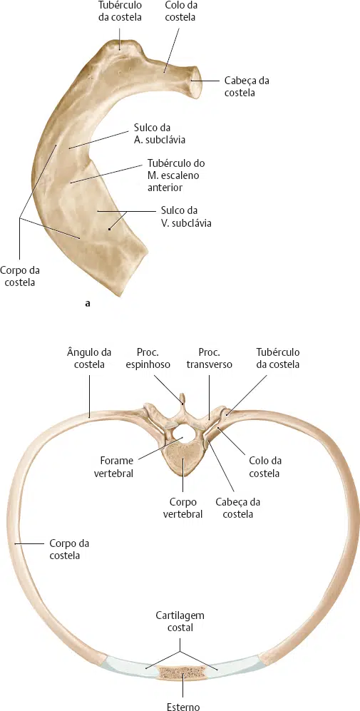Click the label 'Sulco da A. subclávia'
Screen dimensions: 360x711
click(x=159, y=133)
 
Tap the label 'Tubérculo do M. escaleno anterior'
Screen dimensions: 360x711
click(x=173, y=175)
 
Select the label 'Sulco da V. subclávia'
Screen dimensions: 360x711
click(x=186, y=217)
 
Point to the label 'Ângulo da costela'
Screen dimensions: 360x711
click(x=89, y=358)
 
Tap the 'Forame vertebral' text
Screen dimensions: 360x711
click(x=116, y=466)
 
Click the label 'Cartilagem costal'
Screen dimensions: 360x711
click(x=180, y=621)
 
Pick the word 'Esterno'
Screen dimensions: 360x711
click(x=183, y=706)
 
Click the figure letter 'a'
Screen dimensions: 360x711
click(x=87, y=305)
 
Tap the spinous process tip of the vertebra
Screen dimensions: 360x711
click(x=182, y=397)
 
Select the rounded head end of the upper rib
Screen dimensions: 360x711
click(x=195, y=81)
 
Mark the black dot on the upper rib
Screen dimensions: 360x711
click(x=109, y=230)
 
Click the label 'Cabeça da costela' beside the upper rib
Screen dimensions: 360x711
click(x=244, y=87)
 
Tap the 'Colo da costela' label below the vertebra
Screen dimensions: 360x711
click(x=265, y=466)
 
